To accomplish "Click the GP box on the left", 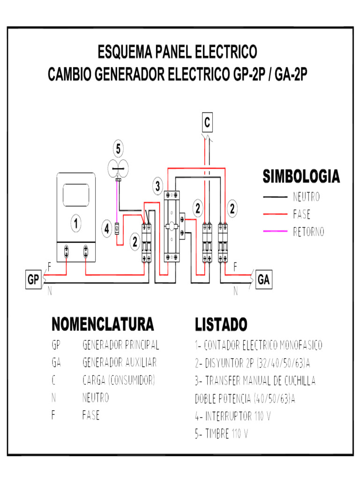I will [x=33, y=280].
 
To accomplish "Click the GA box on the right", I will [x=264, y=280].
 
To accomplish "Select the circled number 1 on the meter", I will [x=75, y=224].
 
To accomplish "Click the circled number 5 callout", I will [x=118, y=149].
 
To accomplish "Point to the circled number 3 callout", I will [x=158, y=186].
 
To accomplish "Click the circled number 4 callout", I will [x=107, y=229].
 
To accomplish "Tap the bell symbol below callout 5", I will [x=118, y=167].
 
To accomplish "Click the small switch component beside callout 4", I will [x=118, y=229].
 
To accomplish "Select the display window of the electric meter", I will [x=76, y=193].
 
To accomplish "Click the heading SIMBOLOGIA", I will [x=301, y=177].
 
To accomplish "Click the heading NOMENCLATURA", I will [x=102, y=324].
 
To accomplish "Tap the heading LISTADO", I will [x=221, y=324].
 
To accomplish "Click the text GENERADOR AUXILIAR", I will [x=120, y=363].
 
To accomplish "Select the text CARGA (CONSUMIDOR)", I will [x=119, y=380].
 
